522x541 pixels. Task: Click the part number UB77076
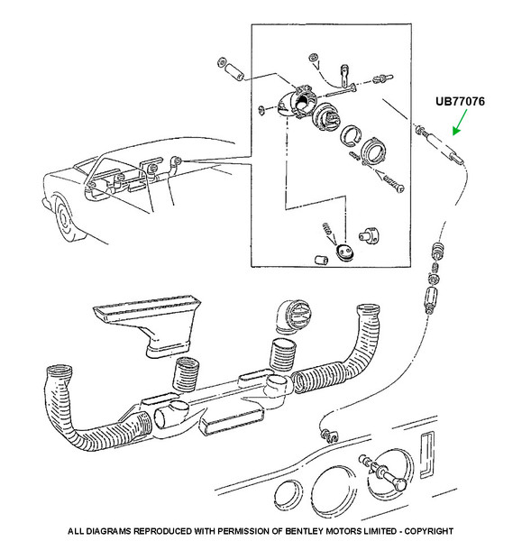click(x=460, y=101)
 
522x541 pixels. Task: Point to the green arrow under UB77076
click(x=460, y=122)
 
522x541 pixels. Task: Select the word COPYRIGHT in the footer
click(x=428, y=531)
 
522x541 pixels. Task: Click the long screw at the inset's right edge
click(x=393, y=183)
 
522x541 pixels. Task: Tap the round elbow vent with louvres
click(x=293, y=317)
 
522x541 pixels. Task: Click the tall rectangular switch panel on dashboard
click(x=427, y=454)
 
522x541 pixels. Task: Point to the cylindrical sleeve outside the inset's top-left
click(x=234, y=72)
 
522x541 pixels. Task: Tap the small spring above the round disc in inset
click(x=328, y=231)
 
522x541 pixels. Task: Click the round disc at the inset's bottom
click(x=344, y=252)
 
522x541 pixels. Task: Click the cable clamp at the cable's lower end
click(x=329, y=436)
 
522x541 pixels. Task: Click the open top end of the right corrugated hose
click(x=369, y=309)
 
